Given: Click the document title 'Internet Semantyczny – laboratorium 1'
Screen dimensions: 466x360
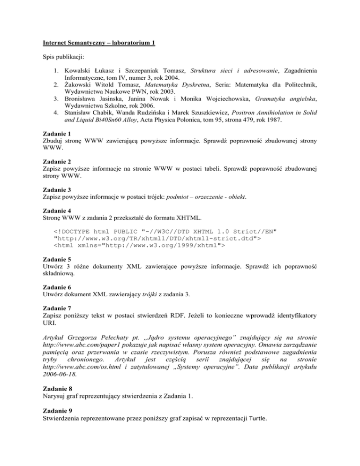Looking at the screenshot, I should (96, 44).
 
